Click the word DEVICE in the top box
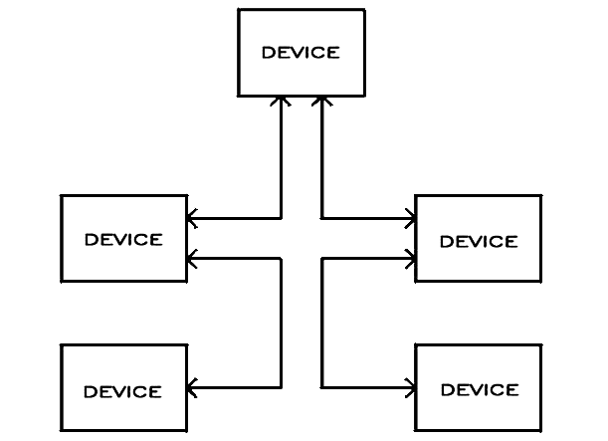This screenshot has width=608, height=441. [x=301, y=53]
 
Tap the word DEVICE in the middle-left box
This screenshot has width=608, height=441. [x=123, y=240]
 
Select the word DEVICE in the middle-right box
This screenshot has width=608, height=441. [x=479, y=242]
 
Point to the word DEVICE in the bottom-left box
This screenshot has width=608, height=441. [x=123, y=392]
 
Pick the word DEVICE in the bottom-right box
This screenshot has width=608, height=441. [x=480, y=390]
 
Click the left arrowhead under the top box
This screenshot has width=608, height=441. [x=281, y=101]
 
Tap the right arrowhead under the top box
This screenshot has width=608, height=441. [x=321, y=101]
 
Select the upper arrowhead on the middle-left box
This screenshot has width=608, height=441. [x=192, y=218]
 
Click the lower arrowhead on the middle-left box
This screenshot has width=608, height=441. [x=192, y=258]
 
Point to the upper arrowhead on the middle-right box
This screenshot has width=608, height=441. [x=410, y=218]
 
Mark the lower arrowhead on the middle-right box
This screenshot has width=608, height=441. [x=410, y=258]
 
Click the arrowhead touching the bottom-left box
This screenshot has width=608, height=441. [x=192, y=387]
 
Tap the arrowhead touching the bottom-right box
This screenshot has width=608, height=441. [x=410, y=387]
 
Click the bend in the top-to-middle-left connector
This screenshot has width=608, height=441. [x=281, y=218]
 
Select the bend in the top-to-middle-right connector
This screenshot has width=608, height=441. [x=321, y=218]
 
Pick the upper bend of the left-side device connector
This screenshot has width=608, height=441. [x=281, y=258]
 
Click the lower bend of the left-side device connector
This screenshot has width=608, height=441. [x=281, y=387]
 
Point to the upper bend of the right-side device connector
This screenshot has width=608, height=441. [x=321, y=258]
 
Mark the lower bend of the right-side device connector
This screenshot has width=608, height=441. [x=321, y=387]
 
